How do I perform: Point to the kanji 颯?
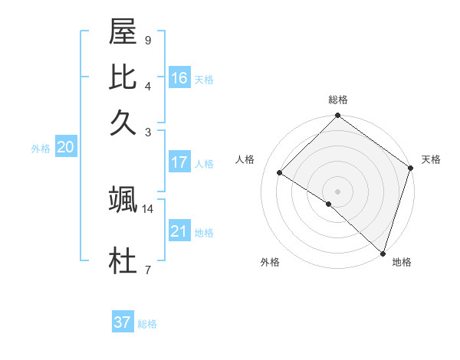coord(123,201)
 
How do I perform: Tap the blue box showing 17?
coord(179,162)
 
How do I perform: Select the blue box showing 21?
coord(179,231)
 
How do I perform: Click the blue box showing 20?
coord(65,148)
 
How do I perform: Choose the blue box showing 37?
coord(123,322)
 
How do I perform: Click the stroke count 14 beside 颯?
coord(148,208)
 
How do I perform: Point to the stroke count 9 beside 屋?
coord(147,40)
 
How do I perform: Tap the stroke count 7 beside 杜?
coord(147,270)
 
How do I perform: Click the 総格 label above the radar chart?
coord(338,100)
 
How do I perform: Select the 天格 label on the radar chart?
coord(431,159)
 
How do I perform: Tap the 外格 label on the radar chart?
coord(270,263)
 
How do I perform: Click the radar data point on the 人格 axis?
coord(280,173)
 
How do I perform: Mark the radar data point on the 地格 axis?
coord(383,253)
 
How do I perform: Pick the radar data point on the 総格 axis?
coord(337,116)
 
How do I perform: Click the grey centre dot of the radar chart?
coord(337,191)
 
